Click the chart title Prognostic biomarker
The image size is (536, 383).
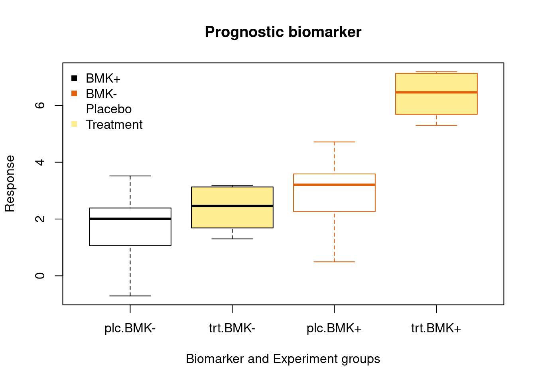(x=283, y=32)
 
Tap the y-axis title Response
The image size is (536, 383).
(x=10, y=184)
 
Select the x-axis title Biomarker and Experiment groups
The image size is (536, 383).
(x=283, y=359)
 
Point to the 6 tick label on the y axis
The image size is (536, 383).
(x=40, y=105)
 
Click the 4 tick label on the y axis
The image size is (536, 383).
(x=40, y=162)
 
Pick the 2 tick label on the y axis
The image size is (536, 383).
(x=40, y=219)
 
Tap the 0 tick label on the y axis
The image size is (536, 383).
(x=40, y=276)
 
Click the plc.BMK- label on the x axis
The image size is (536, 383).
(x=130, y=329)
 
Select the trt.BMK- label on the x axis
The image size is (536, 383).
(x=232, y=328)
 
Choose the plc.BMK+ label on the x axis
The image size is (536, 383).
(x=334, y=329)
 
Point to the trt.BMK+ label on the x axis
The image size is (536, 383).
(x=436, y=328)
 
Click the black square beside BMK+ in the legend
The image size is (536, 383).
(x=74, y=78)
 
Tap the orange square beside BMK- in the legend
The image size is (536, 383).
(x=74, y=94)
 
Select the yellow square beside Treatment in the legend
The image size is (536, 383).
(x=74, y=124)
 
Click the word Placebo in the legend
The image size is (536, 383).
(x=109, y=109)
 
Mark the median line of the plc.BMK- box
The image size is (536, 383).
(x=130, y=219)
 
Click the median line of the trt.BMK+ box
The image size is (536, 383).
(x=436, y=92)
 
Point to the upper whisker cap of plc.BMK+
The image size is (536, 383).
(x=334, y=142)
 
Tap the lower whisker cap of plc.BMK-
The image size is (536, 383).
(x=130, y=296)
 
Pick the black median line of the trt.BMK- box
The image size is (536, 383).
(x=233, y=206)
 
